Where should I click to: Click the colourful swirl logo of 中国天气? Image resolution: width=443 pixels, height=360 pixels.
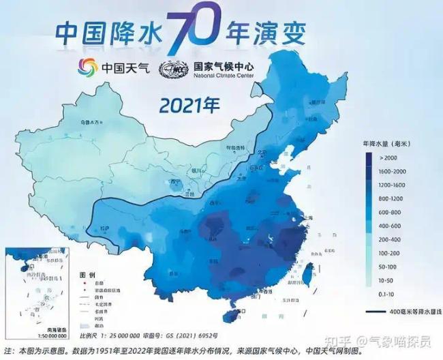(87, 68)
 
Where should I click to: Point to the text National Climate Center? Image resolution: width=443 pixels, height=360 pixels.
(224, 76)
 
